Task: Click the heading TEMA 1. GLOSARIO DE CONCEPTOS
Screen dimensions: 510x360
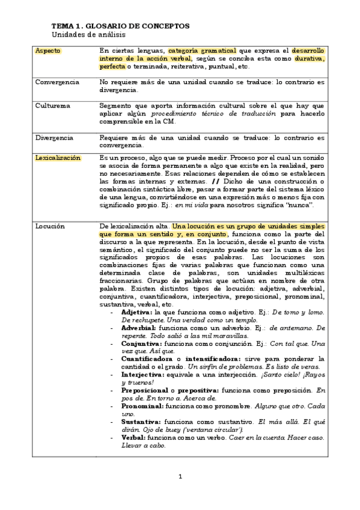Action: pyautogui.click(x=120, y=26)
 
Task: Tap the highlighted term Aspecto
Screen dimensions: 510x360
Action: pyautogui.click(x=48, y=51)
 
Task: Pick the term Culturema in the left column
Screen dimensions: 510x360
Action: pyautogui.click(x=52, y=105)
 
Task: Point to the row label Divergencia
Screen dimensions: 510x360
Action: pyautogui.click(x=54, y=137)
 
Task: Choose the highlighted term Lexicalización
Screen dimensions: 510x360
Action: pyautogui.click(x=58, y=158)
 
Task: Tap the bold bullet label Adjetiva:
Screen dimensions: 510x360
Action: pyautogui.click(x=137, y=313)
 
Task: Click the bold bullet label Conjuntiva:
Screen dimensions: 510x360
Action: pyautogui.click(x=141, y=343)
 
